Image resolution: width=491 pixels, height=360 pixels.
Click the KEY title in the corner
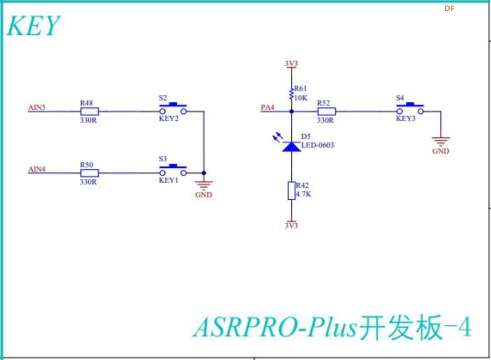point(33,26)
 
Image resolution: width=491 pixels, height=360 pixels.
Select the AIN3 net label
point(37,107)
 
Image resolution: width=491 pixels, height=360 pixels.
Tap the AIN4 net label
point(37,169)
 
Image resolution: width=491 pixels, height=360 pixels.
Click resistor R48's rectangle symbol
point(90,112)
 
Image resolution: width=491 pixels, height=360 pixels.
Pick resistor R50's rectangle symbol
point(90,173)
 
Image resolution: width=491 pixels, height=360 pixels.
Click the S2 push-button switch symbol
point(173,109)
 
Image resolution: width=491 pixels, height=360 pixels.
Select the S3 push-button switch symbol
point(173,170)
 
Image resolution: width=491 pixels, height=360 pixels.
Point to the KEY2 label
point(169,119)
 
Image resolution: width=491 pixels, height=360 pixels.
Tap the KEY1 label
point(169,180)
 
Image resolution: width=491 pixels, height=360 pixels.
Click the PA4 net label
point(268,107)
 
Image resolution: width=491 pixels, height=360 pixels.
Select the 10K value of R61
point(301,97)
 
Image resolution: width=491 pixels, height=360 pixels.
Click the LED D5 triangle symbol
point(291,146)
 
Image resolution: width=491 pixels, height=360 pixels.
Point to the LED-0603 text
point(317,145)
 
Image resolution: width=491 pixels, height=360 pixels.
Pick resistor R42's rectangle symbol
point(291,191)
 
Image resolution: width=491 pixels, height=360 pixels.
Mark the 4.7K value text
point(303,194)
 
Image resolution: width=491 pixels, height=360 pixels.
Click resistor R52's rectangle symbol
point(326,112)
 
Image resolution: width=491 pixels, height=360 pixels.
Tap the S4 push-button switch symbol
point(410,109)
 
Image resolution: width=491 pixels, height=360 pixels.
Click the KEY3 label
point(405,119)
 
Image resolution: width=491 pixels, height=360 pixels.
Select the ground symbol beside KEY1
point(204,185)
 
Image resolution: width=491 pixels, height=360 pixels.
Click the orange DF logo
point(449,8)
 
